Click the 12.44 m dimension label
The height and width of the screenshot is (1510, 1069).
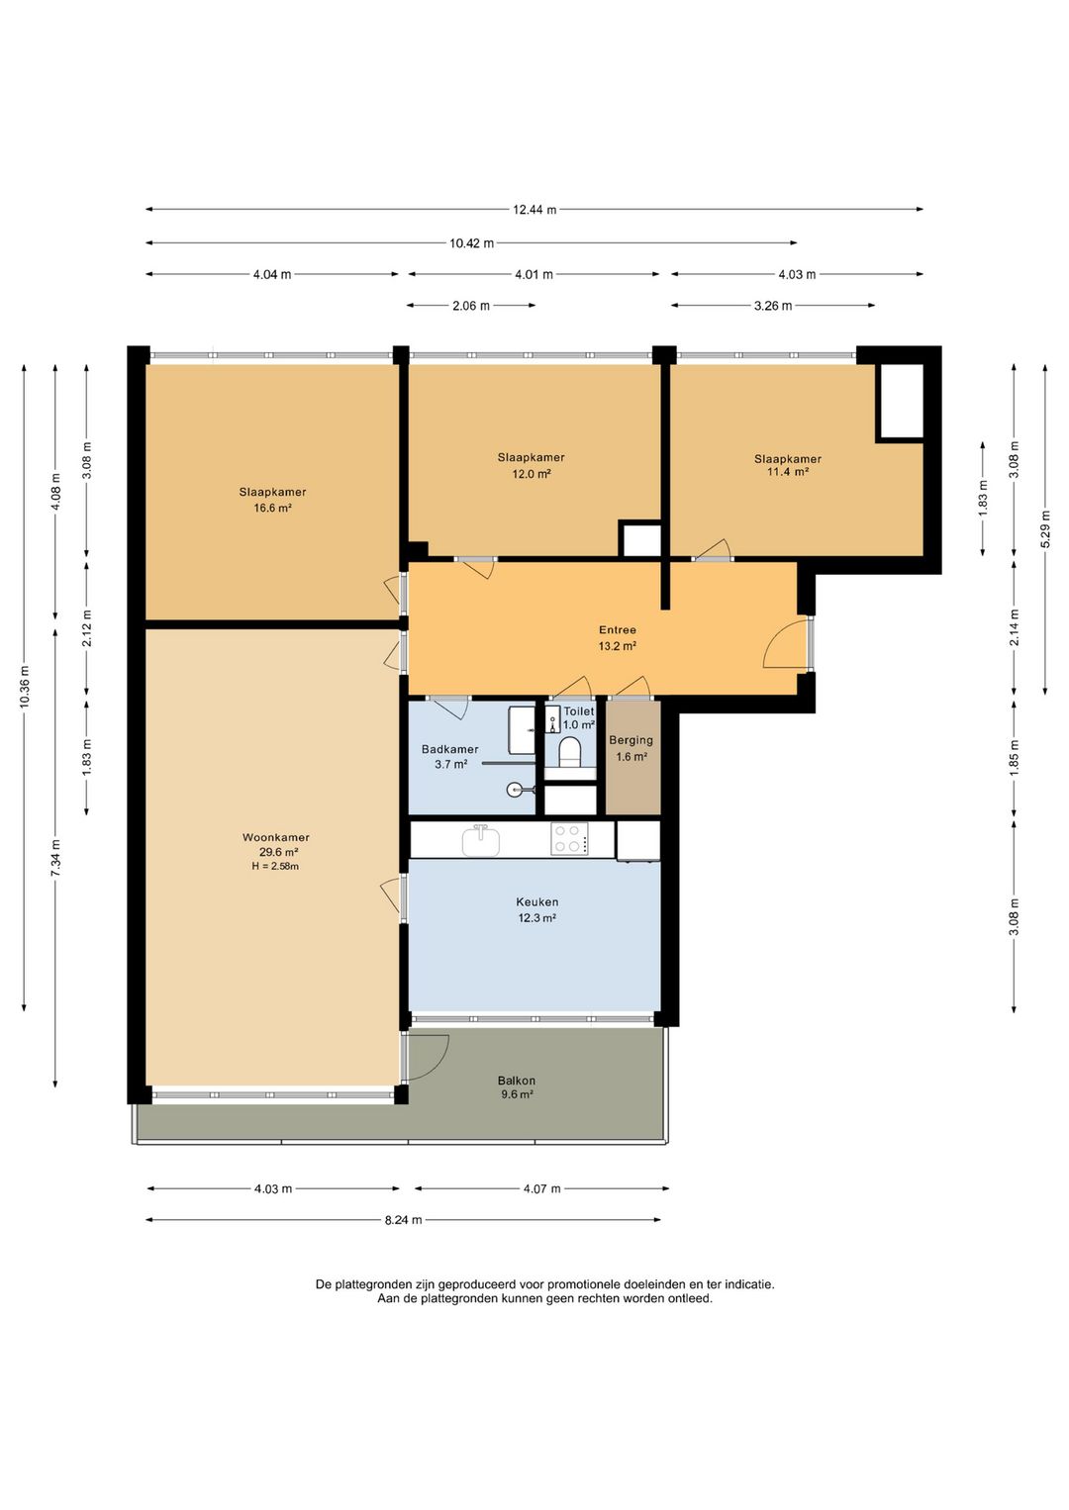(x=534, y=209)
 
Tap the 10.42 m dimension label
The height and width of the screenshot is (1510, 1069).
(x=471, y=242)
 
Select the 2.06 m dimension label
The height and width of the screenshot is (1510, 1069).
(x=471, y=306)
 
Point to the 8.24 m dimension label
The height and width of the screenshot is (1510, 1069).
(x=403, y=1219)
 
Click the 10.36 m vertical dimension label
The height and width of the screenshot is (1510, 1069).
(x=25, y=687)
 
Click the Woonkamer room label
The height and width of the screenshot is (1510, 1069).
(x=276, y=837)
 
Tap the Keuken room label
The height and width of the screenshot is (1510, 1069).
(x=536, y=901)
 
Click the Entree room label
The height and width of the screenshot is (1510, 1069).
(x=617, y=629)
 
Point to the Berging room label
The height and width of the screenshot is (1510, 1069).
(x=631, y=740)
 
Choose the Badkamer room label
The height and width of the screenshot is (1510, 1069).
(x=449, y=749)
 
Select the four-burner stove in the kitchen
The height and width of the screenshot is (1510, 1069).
(x=569, y=839)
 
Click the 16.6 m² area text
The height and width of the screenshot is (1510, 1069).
(x=272, y=509)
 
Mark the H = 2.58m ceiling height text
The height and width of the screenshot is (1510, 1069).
(x=275, y=866)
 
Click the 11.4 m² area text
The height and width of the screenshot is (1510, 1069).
(x=788, y=472)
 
